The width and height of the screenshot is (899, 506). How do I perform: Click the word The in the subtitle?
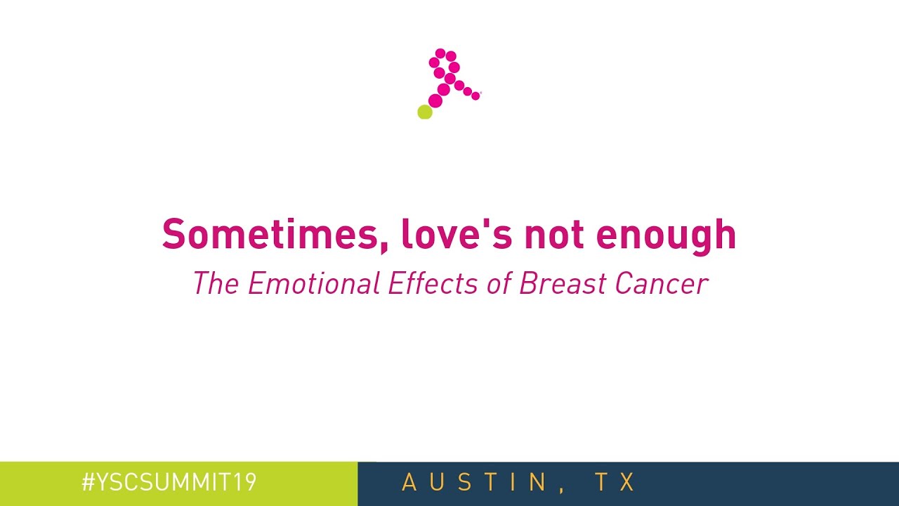coord(216,283)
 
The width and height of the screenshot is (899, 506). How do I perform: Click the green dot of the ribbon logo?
coord(424,112)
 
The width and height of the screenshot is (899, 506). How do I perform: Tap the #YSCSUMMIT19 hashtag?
coord(169,483)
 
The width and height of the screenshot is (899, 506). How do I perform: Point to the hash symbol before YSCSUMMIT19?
coord(88,483)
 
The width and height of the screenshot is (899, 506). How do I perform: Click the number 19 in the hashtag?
coord(247,483)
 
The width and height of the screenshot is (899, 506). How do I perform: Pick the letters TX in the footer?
coord(615,483)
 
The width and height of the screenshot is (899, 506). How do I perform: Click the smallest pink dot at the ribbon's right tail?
coord(475,96)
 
